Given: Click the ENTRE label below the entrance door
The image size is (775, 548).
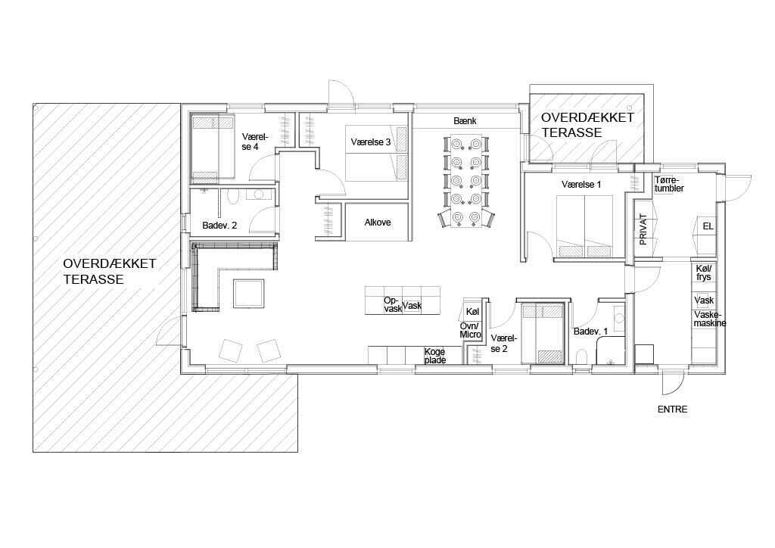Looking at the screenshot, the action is (x=672, y=409).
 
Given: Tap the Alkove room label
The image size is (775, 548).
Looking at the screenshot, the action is (x=378, y=223).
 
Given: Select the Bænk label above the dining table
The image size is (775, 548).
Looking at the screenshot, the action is (x=465, y=120).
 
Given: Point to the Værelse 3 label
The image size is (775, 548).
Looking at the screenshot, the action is (x=371, y=142).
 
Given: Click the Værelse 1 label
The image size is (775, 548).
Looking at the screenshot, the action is (x=581, y=185).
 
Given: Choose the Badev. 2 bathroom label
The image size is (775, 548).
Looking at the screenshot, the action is (x=219, y=226).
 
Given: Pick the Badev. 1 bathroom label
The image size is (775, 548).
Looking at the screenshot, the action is (x=590, y=332).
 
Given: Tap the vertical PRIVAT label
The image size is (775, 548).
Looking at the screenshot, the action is (x=643, y=229).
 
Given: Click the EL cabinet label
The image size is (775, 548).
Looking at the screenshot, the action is (x=708, y=226).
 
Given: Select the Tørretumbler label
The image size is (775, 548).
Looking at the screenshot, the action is (x=669, y=185).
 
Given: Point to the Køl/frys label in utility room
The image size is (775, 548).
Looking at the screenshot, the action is (x=704, y=272).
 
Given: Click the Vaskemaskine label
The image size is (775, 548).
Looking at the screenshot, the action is (x=710, y=319).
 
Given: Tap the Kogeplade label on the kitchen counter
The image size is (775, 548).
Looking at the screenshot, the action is (x=435, y=356).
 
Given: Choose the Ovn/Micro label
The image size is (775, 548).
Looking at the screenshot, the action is (x=471, y=331).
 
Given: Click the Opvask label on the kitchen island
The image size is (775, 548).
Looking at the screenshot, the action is (x=393, y=304).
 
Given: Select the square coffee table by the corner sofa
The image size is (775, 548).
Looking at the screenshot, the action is (x=248, y=294).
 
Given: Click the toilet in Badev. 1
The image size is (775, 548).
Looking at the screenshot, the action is (x=582, y=357).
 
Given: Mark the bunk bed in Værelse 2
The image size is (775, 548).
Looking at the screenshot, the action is (x=543, y=334).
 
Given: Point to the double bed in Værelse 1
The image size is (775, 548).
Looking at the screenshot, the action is (x=585, y=226).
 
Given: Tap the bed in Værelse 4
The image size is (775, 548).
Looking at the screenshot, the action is (x=213, y=147).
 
